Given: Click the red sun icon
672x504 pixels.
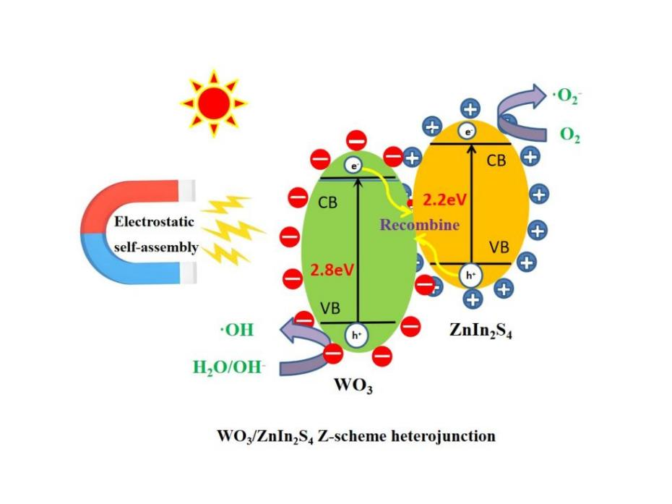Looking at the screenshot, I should point(213,103).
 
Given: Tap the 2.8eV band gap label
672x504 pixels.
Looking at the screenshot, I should point(332,270).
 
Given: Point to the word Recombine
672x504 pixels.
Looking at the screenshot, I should point(420,224).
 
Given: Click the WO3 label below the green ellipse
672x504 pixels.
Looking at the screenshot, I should point(353,385).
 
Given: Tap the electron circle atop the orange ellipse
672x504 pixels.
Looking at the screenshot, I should point(470,132).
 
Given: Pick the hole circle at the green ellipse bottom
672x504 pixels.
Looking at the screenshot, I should point(356,334).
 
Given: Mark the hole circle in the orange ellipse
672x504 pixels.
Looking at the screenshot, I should point(470,275).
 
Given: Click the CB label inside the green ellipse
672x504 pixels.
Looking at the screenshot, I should point(328,203).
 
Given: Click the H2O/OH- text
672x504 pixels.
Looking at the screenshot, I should point(229,367).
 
